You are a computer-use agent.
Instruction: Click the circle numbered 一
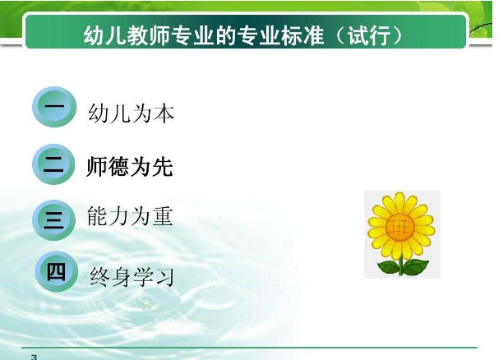tap(53, 108)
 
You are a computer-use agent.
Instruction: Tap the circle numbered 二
tap(53, 164)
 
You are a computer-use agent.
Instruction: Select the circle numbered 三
tap(53, 218)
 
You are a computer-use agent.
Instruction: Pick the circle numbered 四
tap(56, 272)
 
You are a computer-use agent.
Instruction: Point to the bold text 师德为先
tap(130, 167)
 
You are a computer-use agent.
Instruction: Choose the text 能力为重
tap(130, 216)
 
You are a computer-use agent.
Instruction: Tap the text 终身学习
tap(132, 275)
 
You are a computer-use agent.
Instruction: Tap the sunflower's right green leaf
tap(416, 265)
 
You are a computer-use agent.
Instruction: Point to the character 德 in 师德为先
tap(119, 167)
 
